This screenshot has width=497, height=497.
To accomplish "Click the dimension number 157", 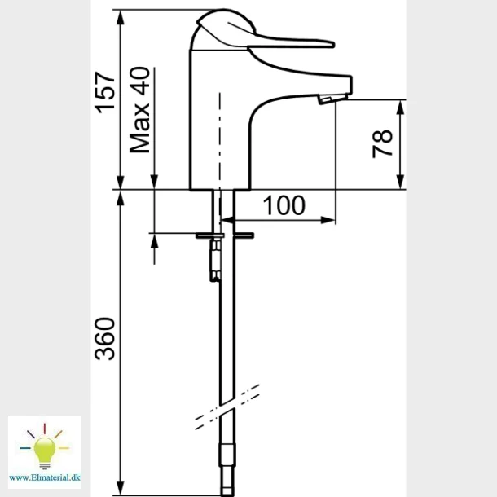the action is click(x=106, y=92).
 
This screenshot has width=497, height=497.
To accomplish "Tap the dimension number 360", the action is click(x=105, y=338).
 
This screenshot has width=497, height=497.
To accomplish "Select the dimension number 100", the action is click(x=284, y=205).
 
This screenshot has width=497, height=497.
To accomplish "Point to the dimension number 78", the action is click(x=382, y=143).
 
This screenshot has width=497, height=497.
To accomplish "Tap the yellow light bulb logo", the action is click(x=44, y=447).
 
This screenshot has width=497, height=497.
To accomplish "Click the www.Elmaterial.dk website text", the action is click(x=45, y=477).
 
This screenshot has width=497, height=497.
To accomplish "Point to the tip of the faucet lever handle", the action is click(x=334, y=44).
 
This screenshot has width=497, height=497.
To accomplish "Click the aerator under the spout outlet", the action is click(x=324, y=100).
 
